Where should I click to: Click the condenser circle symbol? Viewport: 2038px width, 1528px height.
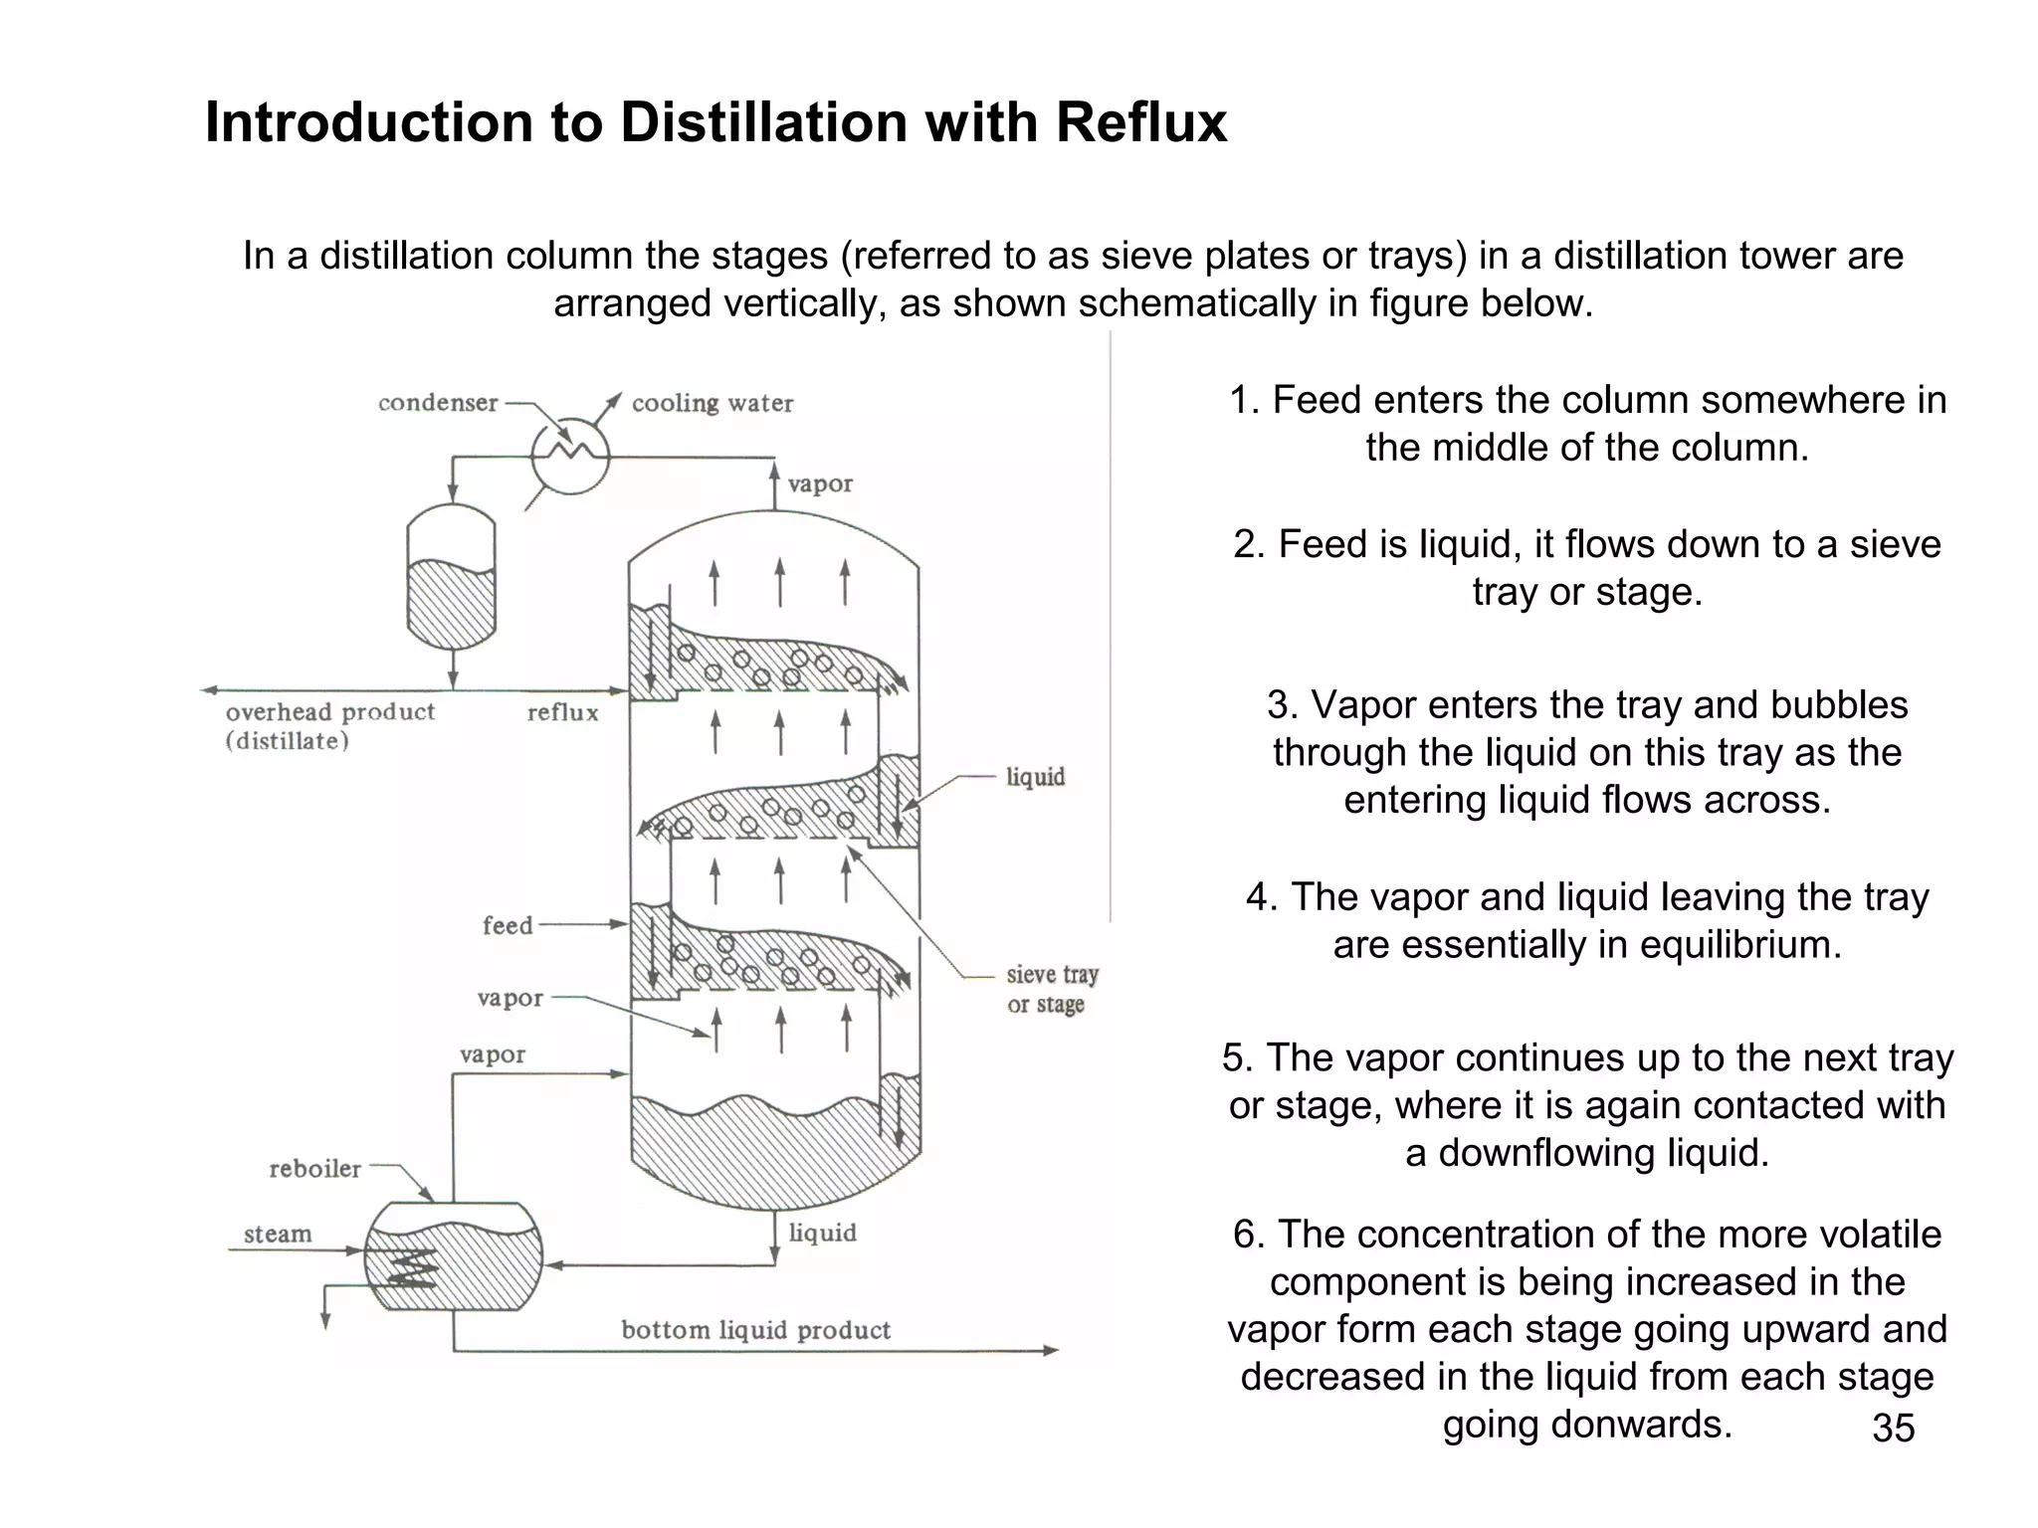coord(569,457)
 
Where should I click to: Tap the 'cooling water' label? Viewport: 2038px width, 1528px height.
coord(713,403)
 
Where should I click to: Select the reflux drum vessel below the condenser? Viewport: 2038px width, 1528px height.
coord(452,577)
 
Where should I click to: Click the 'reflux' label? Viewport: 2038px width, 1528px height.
coord(562,712)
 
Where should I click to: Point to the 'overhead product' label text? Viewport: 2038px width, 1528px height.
coord(329,712)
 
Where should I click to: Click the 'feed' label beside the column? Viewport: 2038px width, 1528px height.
coord(508,925)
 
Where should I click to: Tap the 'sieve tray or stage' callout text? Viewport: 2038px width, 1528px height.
coord(1051,989)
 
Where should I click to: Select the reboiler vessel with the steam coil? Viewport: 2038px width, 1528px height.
coord(454,1256)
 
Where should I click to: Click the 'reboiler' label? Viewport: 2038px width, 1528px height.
coord(314,1169)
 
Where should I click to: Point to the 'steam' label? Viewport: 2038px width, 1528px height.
coord(278,1235)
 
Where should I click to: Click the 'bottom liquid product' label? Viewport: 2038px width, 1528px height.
coord(755,1330)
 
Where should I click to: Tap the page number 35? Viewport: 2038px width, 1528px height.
coord(1893,1428)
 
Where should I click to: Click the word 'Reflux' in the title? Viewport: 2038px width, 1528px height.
coord(1140,122)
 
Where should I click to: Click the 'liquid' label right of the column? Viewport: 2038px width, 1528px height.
coord(1035,776)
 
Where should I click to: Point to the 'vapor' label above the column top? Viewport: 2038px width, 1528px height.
coord(820,484)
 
